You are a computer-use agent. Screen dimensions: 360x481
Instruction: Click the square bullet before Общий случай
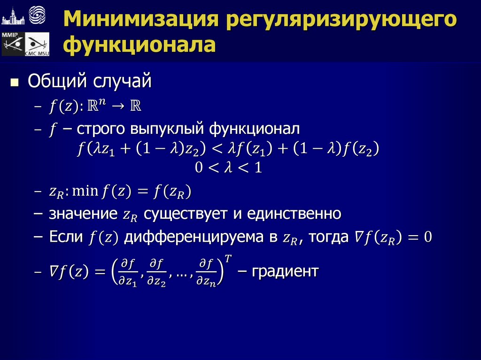pyautogui.click(x=15, y=83)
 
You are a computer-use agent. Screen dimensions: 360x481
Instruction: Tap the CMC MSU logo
pyautogui.click(x=37, y=46)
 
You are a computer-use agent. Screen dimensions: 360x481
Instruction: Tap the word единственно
pyautogui.click(x=298, y=214)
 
